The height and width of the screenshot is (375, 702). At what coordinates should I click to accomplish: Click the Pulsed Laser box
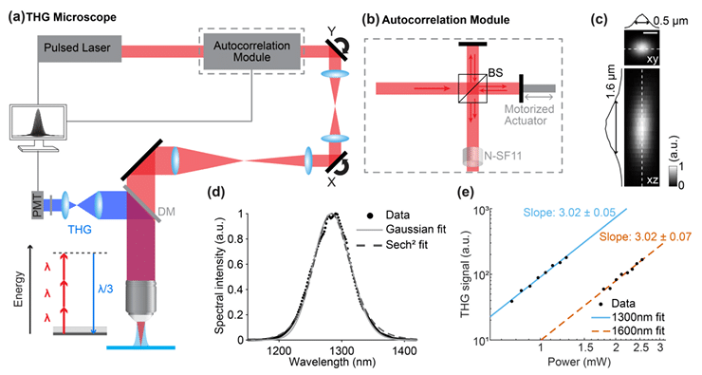click(80, 48)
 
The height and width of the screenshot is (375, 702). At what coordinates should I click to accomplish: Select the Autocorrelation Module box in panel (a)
click(251, 51)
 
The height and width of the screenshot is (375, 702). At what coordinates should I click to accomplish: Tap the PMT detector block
click(37, 205)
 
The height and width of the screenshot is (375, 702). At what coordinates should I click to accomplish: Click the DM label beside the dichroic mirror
click(166, 212)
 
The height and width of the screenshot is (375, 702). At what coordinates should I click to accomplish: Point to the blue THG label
click(80, 230)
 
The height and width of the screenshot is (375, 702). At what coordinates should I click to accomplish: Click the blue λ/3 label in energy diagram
click(105, 289)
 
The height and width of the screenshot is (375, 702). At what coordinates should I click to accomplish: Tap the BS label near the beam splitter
click(495, 72)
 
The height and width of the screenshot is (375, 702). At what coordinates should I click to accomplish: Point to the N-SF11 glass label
click(503, 156)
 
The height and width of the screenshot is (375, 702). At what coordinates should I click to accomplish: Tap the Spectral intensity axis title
click(219, 275)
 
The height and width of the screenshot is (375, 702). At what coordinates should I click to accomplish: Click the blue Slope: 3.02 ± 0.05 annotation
click(569, 213)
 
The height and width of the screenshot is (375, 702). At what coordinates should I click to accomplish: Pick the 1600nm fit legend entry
click(631, 331)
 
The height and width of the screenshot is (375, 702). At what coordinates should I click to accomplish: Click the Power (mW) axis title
click(579, 361)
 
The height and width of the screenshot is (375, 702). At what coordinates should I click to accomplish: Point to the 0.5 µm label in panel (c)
click(670, 21)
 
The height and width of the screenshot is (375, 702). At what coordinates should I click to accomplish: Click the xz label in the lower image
click(652, 180)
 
